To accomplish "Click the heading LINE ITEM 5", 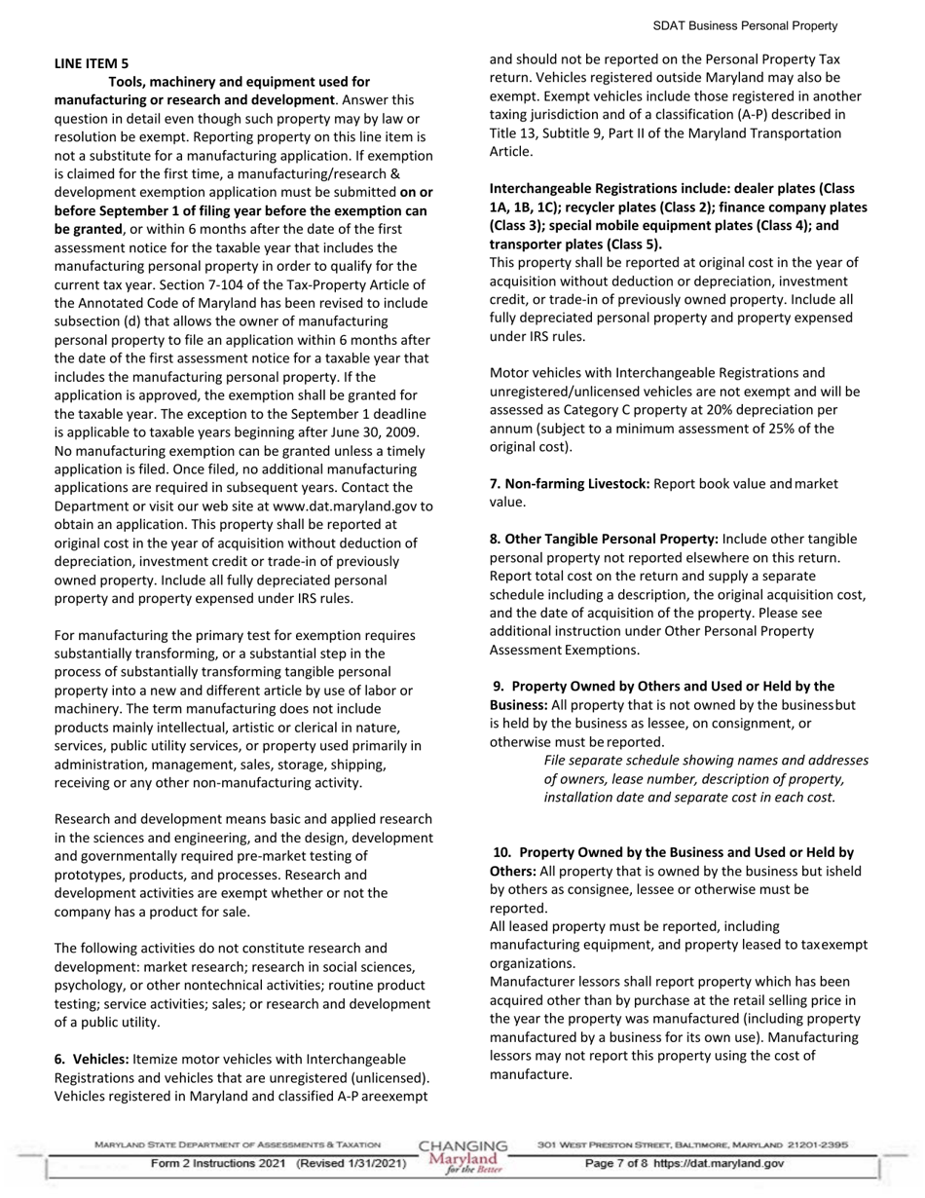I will pos(91,63).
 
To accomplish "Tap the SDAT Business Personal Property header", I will pos(745,26).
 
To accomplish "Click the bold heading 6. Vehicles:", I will pos(92,1059).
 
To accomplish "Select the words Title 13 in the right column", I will pos(513,133).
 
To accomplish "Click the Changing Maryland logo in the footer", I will pos(462,1156).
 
